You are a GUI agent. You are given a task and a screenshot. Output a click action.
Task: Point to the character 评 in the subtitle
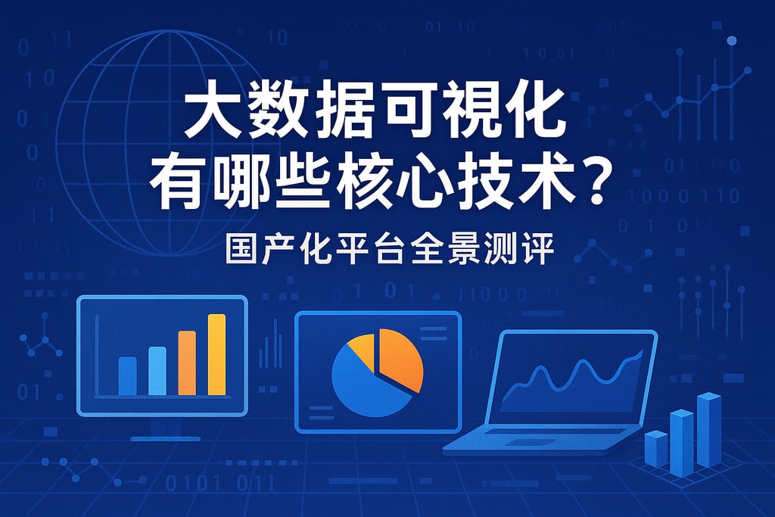point(537,251)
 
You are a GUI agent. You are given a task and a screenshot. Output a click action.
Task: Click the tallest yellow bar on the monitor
point(217,354)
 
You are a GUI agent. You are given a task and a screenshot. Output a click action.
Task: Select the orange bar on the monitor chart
point(187,363)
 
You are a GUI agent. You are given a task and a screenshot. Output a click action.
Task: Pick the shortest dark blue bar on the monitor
point(128,375)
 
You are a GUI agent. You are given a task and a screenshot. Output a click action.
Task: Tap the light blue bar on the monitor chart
point(157,370)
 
